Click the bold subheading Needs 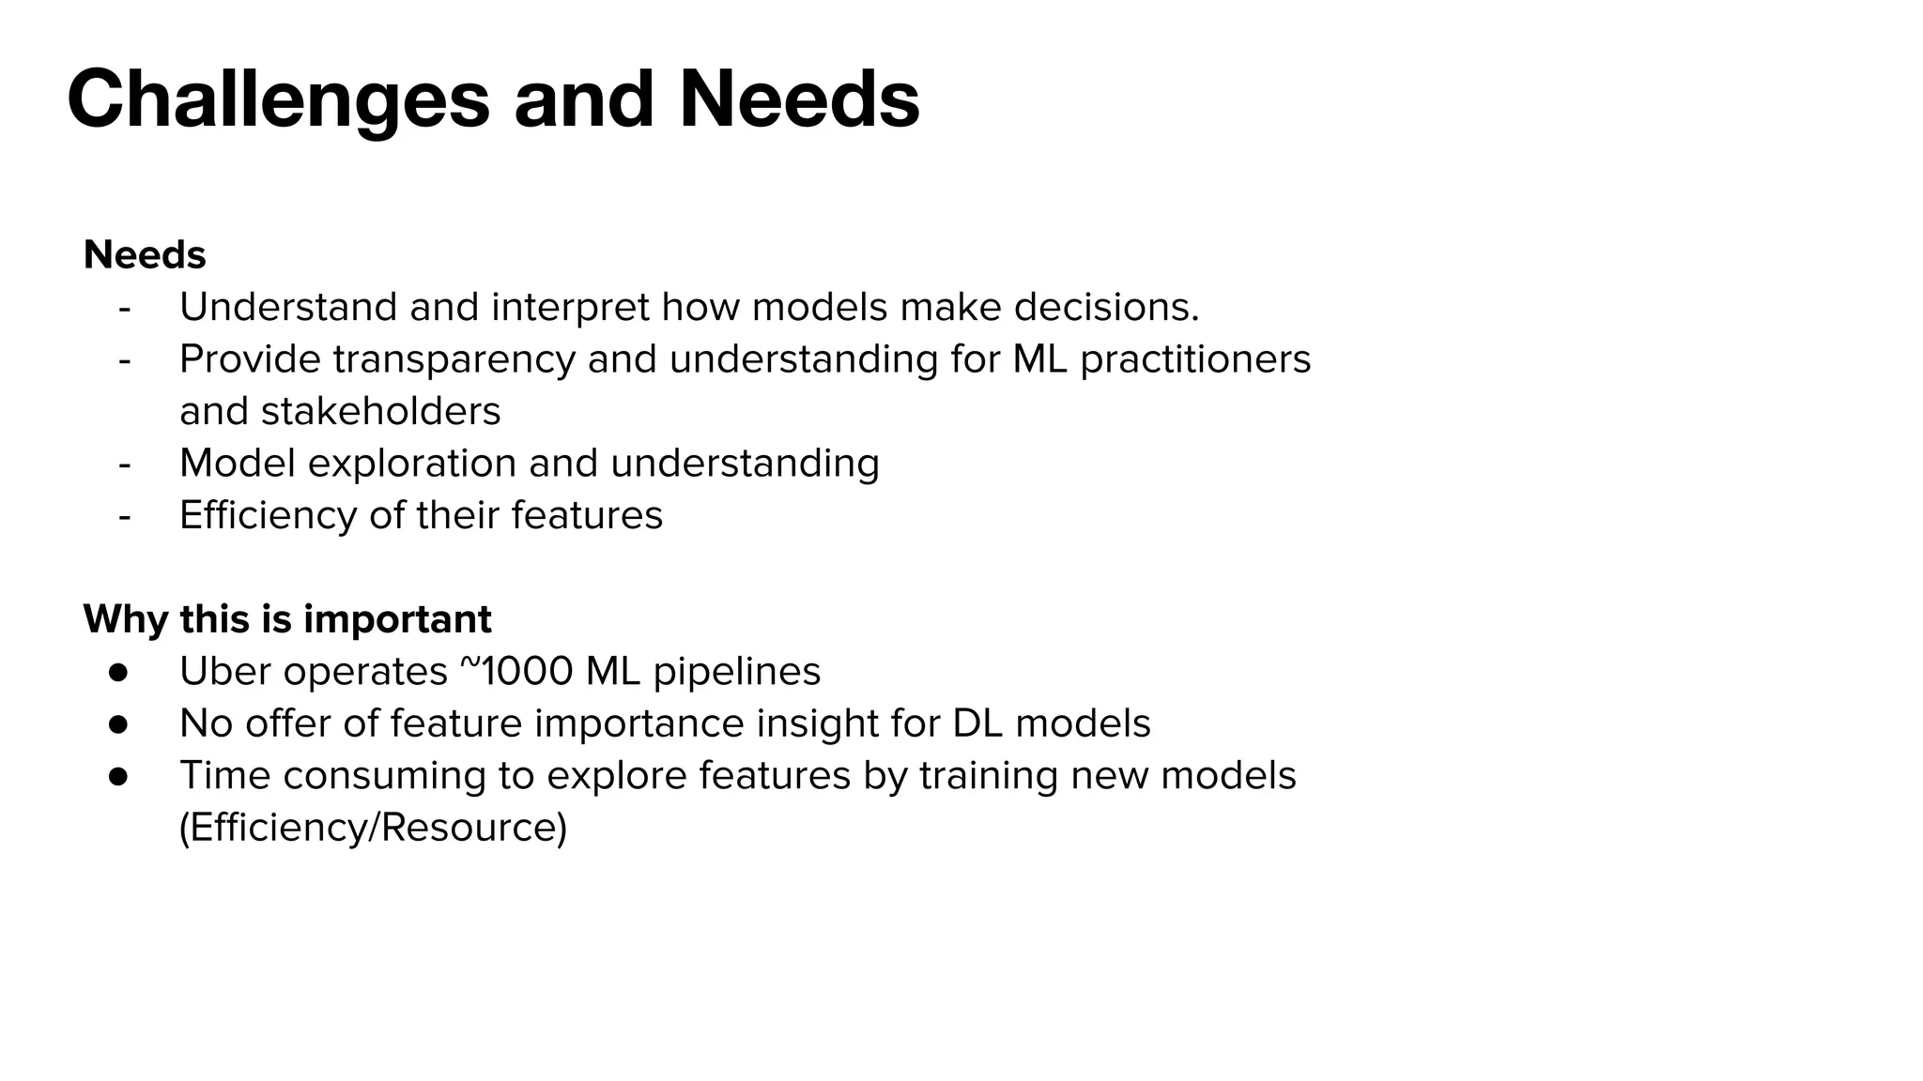[x=145, y=255]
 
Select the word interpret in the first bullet [x=570, y=308]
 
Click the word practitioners [x=1194, y=360]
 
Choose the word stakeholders [x=380, y=412]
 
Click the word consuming [x=384, y=776]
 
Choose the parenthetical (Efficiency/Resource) [x=374, y=828]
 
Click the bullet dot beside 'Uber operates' [x=118, y=672]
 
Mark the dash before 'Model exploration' [x=125, y=464]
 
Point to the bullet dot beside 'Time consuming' [x=118, y=776]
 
